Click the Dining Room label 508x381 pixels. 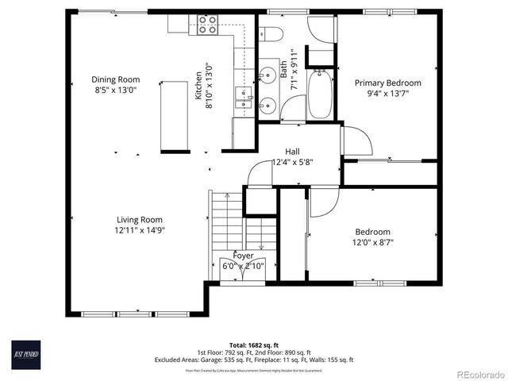(115, 79)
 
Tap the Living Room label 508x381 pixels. (140, 220)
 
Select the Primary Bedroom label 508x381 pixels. (387, 83)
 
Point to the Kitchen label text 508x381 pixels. (199, 86)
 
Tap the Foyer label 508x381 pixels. (243, 256)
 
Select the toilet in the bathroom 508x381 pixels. (270, 34)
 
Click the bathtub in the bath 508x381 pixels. (319, 94)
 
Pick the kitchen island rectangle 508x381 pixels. (174, 115)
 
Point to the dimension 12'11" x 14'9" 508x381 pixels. (140, 231)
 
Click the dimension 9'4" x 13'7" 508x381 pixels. (387, 94)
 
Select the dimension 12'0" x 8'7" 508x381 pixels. (372, 243)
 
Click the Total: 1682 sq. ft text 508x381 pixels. (255, 345)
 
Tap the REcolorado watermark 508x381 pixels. (477, 373)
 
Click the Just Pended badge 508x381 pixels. (26, 353)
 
